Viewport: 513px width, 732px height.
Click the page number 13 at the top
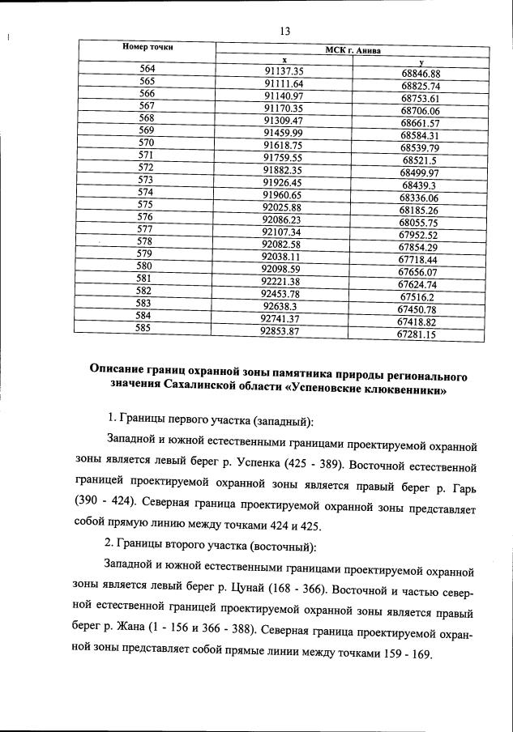[x=284, y=32]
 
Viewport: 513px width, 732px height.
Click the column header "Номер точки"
[x=148, y=47]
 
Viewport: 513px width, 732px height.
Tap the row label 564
[x=147, y=68]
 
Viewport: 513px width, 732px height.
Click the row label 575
[x=146, y=204]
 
